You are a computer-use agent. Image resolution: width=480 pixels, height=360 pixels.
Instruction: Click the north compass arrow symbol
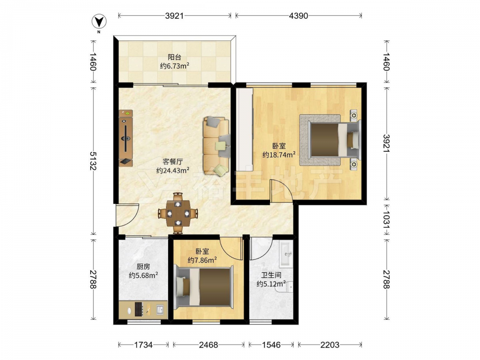click(98, 22)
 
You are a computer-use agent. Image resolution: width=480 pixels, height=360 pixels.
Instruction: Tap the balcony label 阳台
click(175, 57)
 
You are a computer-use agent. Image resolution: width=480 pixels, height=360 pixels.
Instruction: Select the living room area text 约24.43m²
click(173, 170)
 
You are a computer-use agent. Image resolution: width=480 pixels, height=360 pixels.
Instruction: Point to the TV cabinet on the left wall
click(126, 138)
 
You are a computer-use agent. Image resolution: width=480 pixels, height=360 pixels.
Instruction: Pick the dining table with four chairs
click(178, 213)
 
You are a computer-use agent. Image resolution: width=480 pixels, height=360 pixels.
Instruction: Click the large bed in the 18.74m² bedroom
click(330, 140)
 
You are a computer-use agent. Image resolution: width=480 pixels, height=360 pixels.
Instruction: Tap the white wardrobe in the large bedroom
click(244, 130)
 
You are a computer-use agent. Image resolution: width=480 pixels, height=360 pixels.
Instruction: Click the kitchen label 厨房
click(143, 266)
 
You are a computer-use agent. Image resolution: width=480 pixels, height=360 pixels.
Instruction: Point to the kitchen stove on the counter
click(139, 309)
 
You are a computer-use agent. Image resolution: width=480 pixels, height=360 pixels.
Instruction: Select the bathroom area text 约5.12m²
click(271, 284)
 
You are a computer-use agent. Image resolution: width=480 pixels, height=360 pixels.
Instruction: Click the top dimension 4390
click(299, 16)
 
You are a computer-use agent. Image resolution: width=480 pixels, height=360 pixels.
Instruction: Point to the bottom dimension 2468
click(208, 345)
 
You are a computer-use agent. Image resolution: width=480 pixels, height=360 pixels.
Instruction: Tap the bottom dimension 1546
click(271, 345)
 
